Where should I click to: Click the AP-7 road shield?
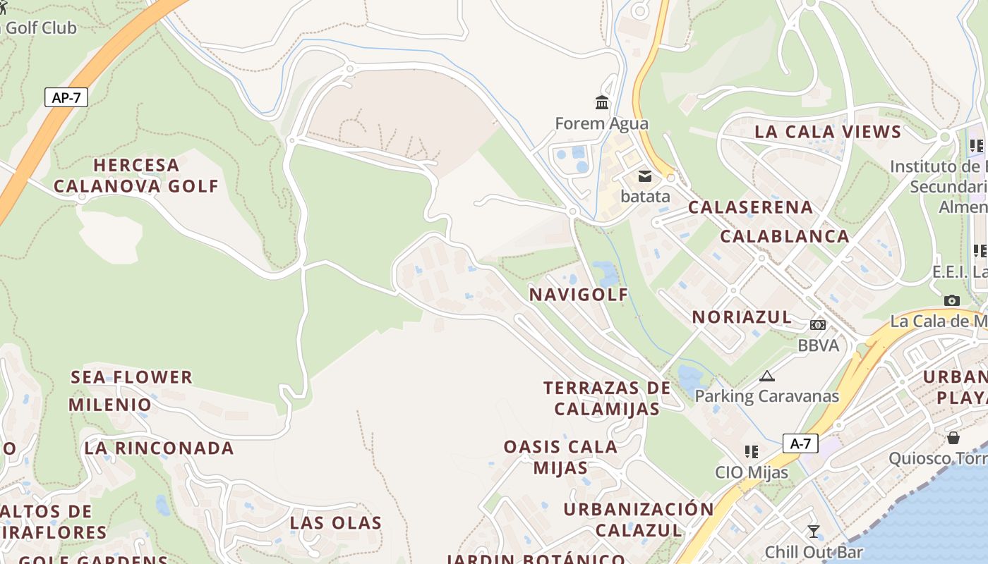click(66, 97)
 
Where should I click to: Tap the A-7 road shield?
click(800, 443)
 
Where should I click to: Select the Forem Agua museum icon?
click(602, 103)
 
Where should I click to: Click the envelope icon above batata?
click(644, 176)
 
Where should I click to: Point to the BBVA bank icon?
click(818, 325)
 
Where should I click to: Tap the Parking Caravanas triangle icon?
click(767, 376)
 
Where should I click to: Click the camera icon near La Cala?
click(952, 300)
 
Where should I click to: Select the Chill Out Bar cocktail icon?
click(814, 531)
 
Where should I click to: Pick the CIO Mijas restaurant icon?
click(752, 451)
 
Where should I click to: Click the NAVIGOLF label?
click(579, 295)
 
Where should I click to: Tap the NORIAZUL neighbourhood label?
click(742, 317)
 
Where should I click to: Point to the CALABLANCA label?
click(784, 236)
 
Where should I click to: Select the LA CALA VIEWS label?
click(828, 132)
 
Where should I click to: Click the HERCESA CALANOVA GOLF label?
click(136, 176)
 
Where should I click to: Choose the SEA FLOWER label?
click(131, 377)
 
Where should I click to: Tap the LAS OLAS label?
click(336, 523)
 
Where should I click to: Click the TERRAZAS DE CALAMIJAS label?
click(607, 398)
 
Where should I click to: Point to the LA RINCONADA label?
click(159, 448)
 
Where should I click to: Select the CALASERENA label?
click(750, 207)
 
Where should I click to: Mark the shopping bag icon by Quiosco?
click(953, 438)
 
